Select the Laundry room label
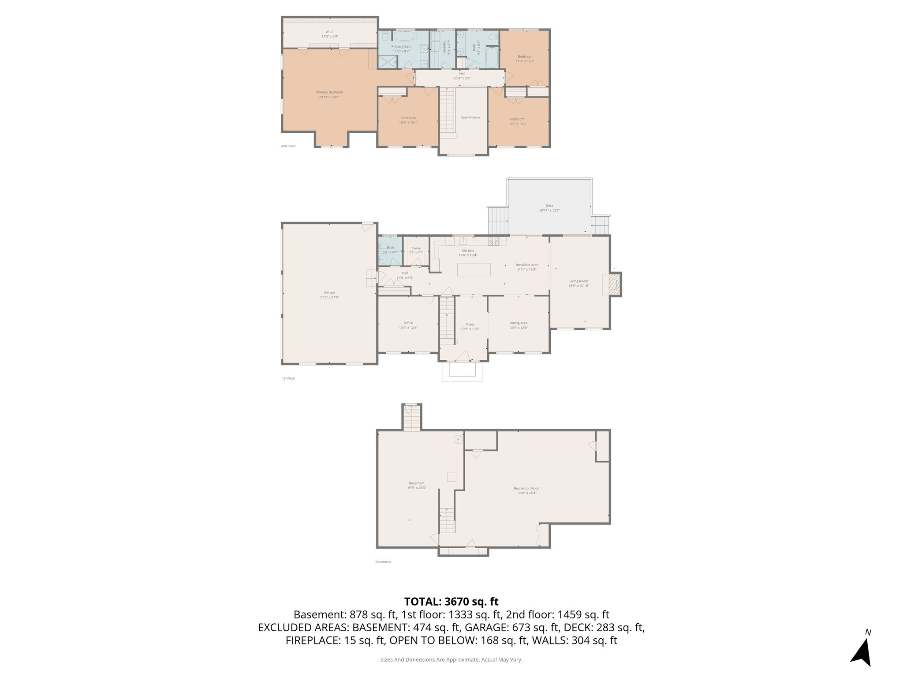[444, 47]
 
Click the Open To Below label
[470, 117]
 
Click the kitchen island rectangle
[474, 269]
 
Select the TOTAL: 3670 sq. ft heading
[451, 601]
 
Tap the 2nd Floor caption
[288, 146]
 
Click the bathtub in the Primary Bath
[404, 36]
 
